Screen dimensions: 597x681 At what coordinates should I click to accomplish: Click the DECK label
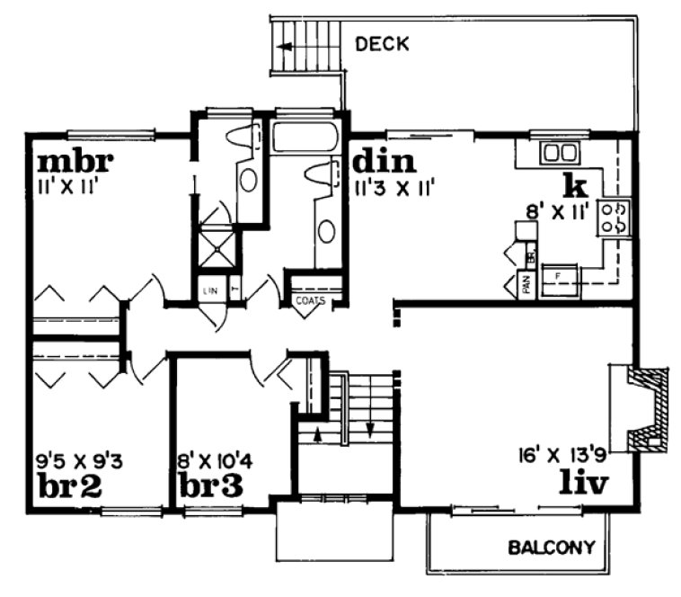(x=382, y=42)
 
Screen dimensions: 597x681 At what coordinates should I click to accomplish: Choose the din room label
(x=384, y=162)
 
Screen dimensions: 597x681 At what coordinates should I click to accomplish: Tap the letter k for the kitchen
(x=574, y=185)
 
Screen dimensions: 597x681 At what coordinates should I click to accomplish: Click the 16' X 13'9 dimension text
(x=562, y=453)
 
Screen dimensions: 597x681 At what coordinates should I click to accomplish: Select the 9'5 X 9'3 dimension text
(x=79, y=462)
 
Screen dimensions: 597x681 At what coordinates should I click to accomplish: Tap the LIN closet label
(x=211, y=290)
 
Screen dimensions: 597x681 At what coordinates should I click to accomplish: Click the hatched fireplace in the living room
(x=649, y=407)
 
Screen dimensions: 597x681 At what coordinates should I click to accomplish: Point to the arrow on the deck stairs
(x=287, y=44)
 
